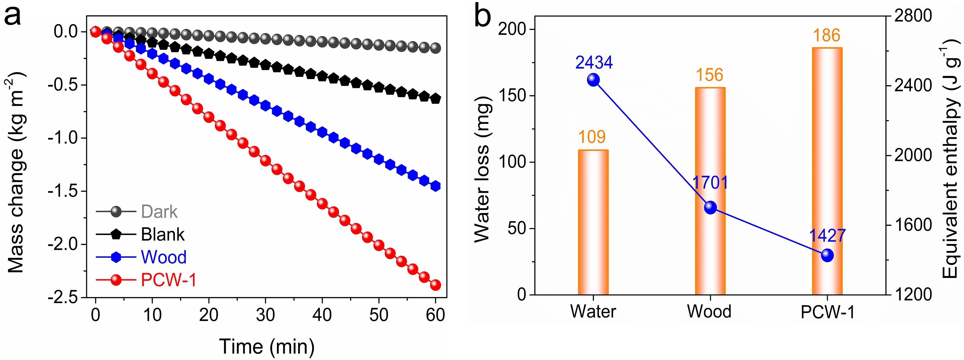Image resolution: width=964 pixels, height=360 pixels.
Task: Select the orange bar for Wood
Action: tap(710, 191)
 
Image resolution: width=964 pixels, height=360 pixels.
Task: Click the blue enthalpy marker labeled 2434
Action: tap(593, 80)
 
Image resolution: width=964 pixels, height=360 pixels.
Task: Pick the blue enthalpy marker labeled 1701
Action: tap(710, 207)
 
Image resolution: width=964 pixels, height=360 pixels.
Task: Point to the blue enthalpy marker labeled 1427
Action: tap(827, 256)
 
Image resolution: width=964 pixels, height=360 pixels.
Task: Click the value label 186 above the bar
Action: tap(827, 35)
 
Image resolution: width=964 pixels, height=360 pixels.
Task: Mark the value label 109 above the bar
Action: tap(592, 137)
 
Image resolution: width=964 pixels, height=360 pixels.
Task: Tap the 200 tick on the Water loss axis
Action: tap(512, 29)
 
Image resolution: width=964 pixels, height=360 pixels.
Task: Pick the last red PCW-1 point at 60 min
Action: tap(435, 285)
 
